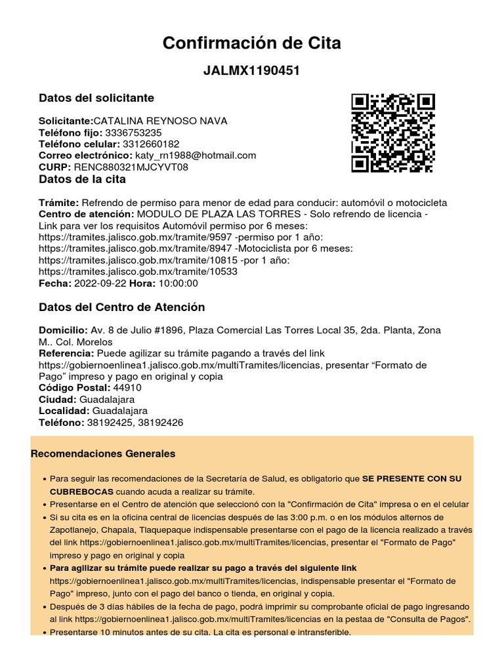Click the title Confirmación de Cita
(x=252, y=43)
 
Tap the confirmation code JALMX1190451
(x=252, y=71)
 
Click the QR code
(x=393, y=133)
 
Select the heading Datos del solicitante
(x=96, y=98)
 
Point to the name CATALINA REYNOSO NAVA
(x=160, y=121)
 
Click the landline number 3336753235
(x=133, y=133)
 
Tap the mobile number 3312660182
(x=150, y=144)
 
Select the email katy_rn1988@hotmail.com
(x=196, y=156)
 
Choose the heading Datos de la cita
(x=83, y=179)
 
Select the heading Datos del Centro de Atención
(x=122, y=307)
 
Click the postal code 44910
(x=127, y=388)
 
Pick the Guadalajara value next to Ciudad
(x=107, y=399)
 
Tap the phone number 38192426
(x=161, y=423)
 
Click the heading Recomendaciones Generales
(x=104, y=453)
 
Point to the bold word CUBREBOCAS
(x=82, y=491)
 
